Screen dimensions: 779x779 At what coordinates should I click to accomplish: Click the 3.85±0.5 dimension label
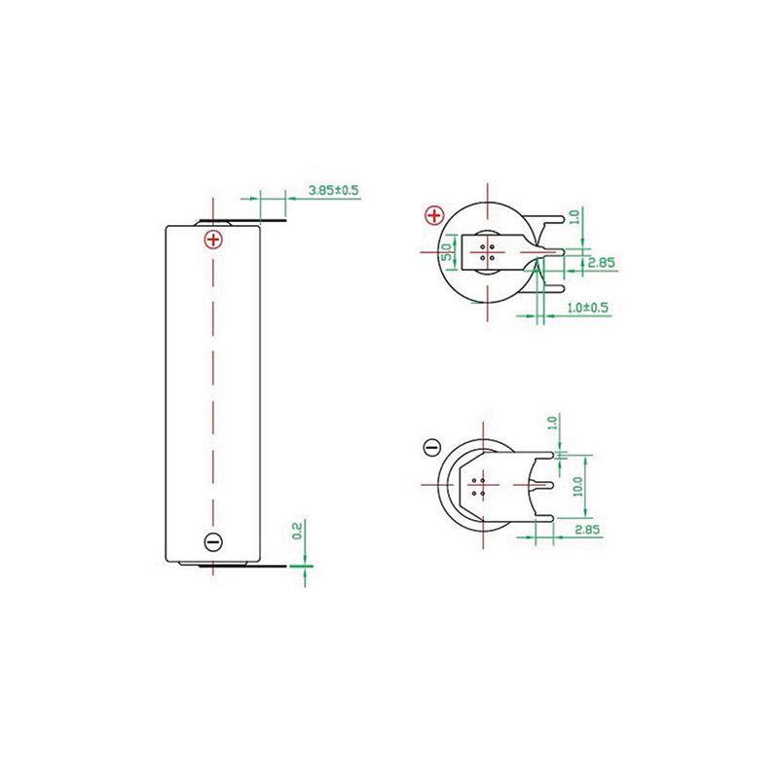click(x=333, y=190)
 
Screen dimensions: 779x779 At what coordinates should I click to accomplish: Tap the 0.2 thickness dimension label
click(x=297, y=531)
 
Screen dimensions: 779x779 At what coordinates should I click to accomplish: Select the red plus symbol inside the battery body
click(x=213, y=240)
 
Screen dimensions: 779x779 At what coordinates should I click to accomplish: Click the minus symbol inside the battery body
click(x=213, y=541)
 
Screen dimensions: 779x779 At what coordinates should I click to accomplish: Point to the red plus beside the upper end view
click(x=434, y=215)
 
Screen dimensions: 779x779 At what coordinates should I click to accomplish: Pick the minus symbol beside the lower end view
click(x=431, y=447)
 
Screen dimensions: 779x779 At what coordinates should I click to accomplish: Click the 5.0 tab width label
click(x=447, y=252)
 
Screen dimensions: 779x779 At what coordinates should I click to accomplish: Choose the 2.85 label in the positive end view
click(x=601, y=262)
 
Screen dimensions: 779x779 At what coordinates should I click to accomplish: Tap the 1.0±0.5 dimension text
click(x=588, y=307)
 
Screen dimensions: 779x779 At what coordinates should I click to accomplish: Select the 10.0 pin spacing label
click(x=577, y=486)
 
